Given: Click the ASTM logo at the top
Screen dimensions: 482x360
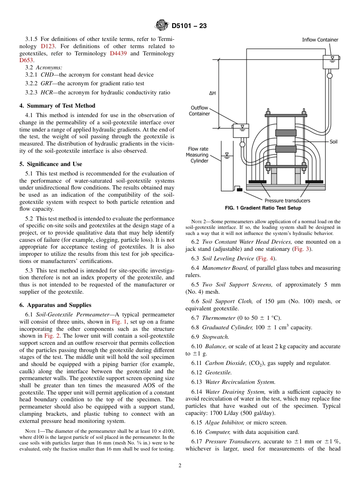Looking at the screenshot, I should click(162, 26).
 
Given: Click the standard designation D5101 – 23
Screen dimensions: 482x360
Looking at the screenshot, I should click(189, 26).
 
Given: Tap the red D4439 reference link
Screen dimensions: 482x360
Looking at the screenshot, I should click(118, 53).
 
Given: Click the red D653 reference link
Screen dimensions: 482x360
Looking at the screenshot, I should click(27, 60).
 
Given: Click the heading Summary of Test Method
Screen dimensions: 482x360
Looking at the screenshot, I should click(57, 106).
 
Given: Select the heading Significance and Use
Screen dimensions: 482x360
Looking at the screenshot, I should click(51, 164).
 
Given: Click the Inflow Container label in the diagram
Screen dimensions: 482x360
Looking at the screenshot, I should click(320, 40).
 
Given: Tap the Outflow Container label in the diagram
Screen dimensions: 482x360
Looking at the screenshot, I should click(199, 111).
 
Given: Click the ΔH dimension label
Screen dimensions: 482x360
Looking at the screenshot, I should click(212, 93).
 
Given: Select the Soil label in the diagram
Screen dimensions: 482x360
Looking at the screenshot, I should click(333, 142).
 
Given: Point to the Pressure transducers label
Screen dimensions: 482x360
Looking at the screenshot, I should click(287, 200).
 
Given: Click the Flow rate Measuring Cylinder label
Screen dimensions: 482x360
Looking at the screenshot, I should click(198, 155).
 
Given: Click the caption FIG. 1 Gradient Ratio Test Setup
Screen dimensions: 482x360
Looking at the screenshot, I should click(263, 208).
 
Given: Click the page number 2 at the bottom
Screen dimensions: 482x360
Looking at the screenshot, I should click(180, 466).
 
